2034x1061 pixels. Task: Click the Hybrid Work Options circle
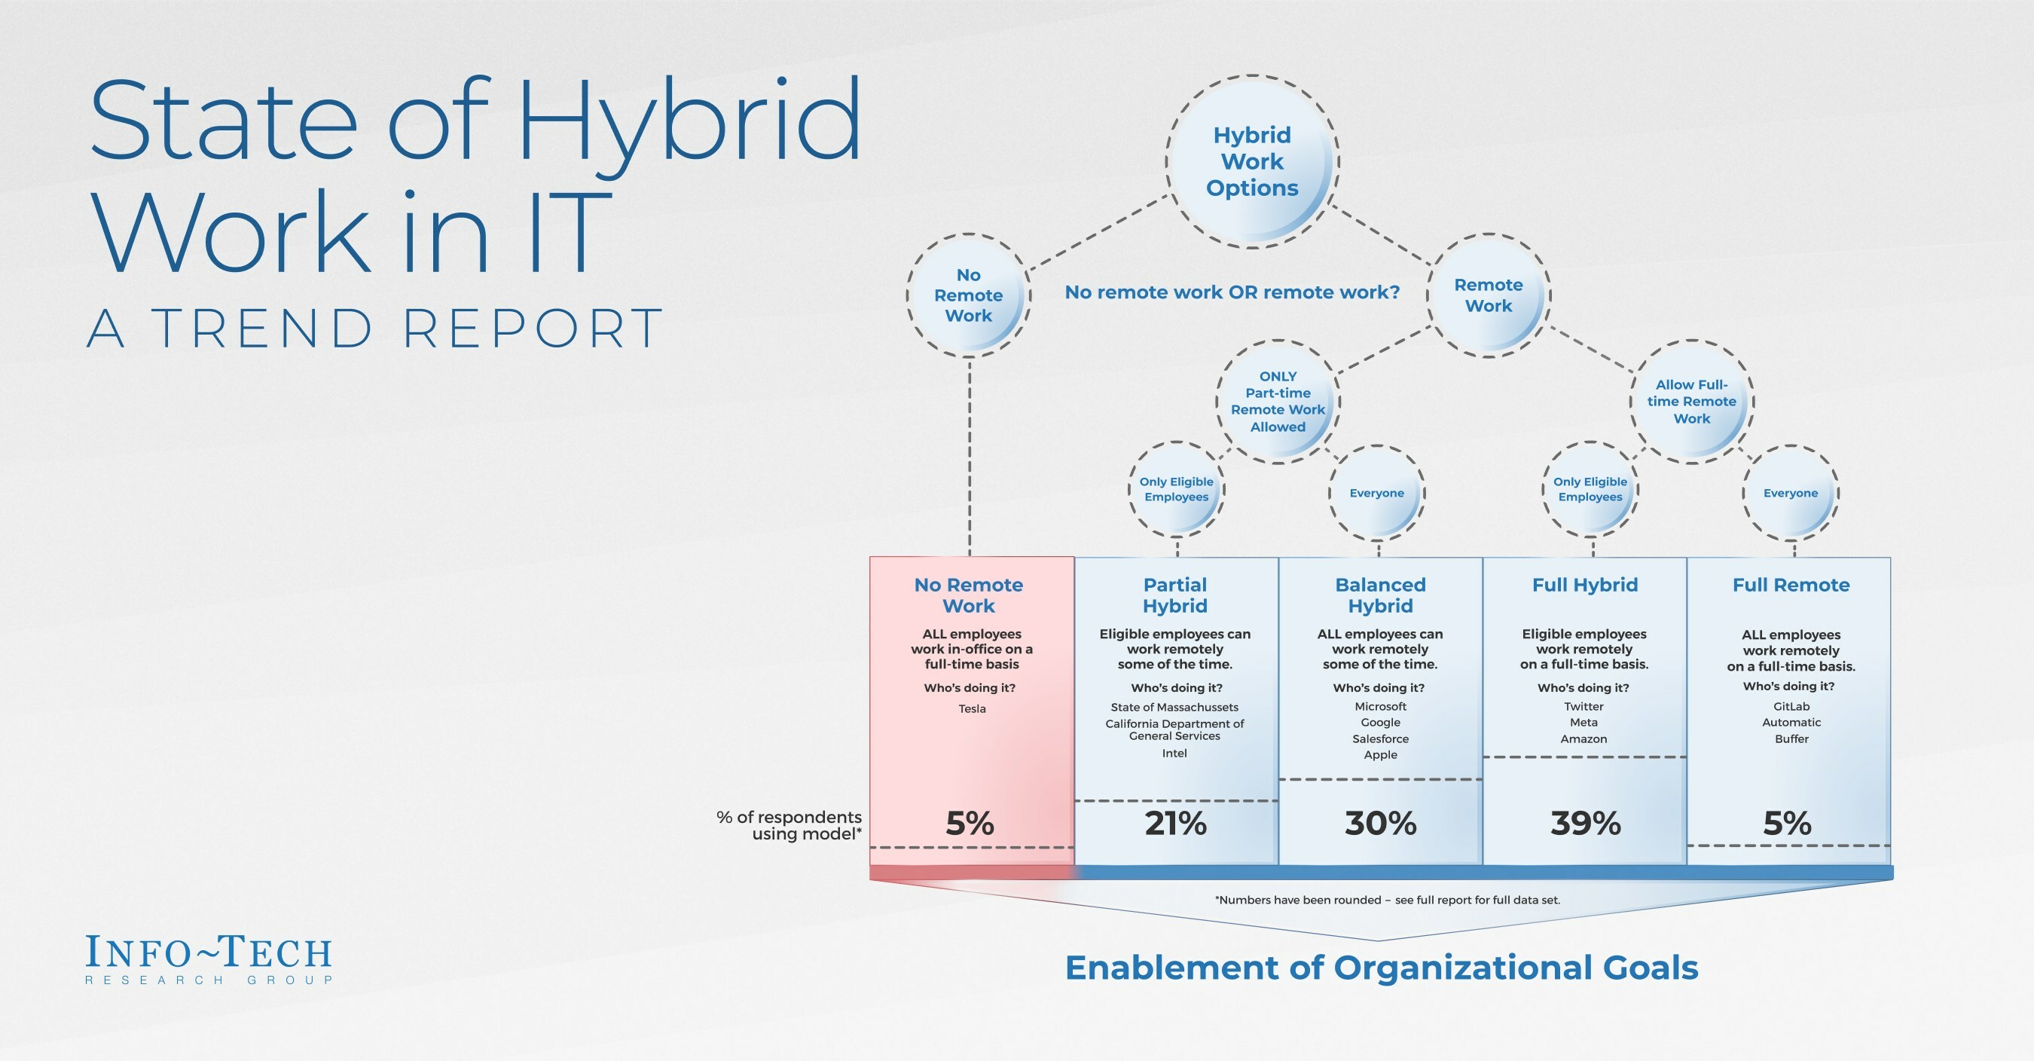tap(1252, 162)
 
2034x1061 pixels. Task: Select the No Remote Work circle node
tap(969, 295)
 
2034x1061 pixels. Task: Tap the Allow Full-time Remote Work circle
tap(1692, 402)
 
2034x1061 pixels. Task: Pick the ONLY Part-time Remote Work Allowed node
tap(1278, 402)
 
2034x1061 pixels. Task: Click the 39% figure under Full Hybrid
tap(1586, 823)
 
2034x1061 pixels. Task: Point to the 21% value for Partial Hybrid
tap(1176, 823)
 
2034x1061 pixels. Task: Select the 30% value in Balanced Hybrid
tap(1381, 823)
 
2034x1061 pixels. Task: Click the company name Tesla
tap(972, 708)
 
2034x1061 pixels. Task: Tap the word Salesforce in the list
tap(1380, 738)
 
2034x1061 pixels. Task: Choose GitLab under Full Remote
tap(1791, 706)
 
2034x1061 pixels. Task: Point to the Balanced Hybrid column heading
tap(1380, 595)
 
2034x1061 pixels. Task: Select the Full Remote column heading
tap(1791, 585)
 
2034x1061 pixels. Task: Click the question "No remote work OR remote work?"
tap(1232, 292)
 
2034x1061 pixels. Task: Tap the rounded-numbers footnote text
tap(1388, 900)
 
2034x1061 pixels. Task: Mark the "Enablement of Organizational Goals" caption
tap(1382, 968)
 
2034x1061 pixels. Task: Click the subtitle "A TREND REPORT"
tap(374, 328)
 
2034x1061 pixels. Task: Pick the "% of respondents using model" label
tap(789, 826)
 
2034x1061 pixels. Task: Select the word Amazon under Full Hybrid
tap(1584, 738)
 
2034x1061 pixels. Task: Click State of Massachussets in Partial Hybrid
tap(1175, 707)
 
